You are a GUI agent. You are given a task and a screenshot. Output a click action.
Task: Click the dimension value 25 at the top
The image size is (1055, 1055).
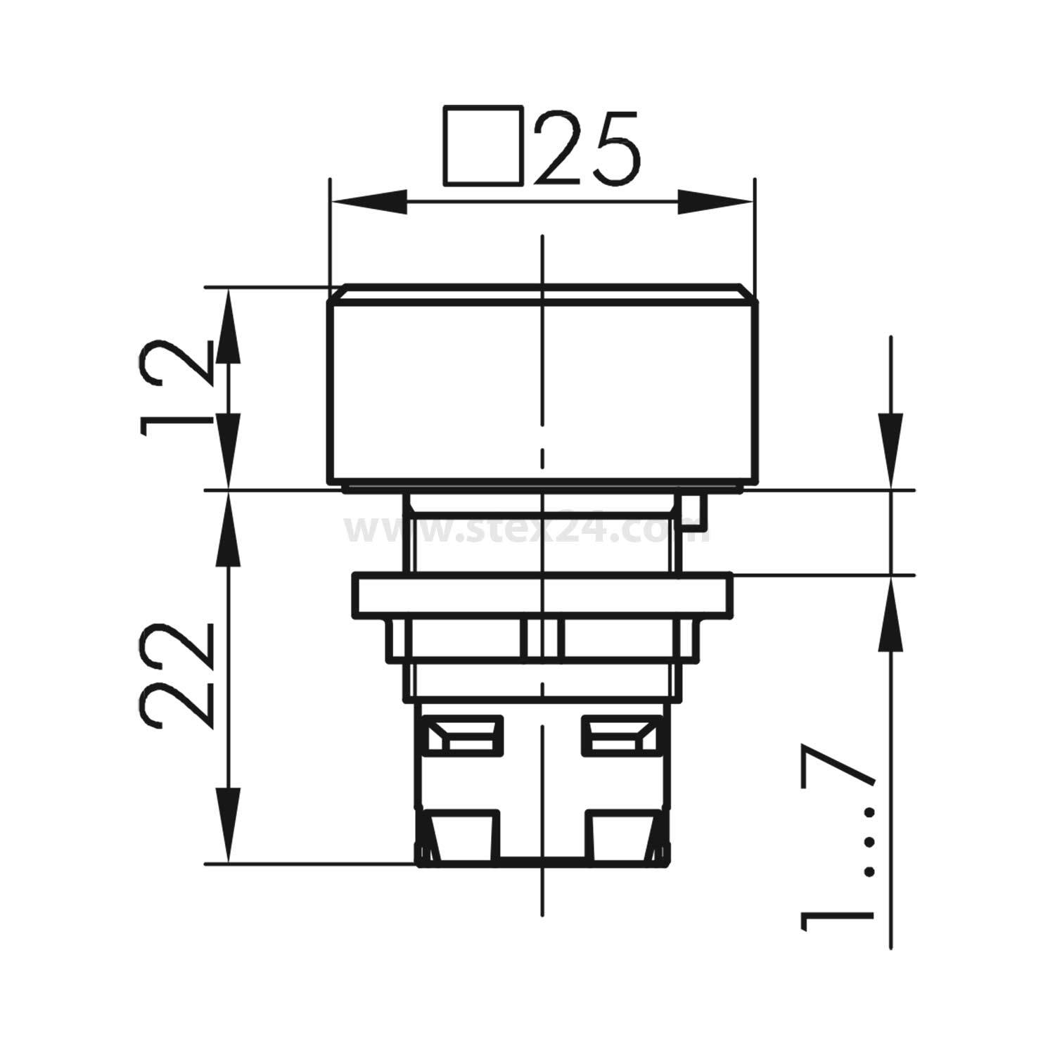[x=587, y=148]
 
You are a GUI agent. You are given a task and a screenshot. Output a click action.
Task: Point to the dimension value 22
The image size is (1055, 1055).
[x=176, y=675]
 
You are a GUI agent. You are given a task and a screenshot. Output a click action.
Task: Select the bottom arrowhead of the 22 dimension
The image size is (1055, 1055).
[x=228, y=823]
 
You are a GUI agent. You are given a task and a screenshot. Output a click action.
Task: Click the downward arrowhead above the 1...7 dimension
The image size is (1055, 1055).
[x=891, y=450]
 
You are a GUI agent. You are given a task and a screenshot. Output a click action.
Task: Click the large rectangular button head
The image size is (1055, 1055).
[x=542, y=390]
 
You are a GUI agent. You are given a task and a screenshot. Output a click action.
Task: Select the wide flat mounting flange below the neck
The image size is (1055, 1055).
[x=542, y=596]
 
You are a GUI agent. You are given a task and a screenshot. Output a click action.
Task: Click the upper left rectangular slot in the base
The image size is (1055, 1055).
[x=465, y=735]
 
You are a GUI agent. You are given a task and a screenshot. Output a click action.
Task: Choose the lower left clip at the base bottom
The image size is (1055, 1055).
[x=461, y=837]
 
